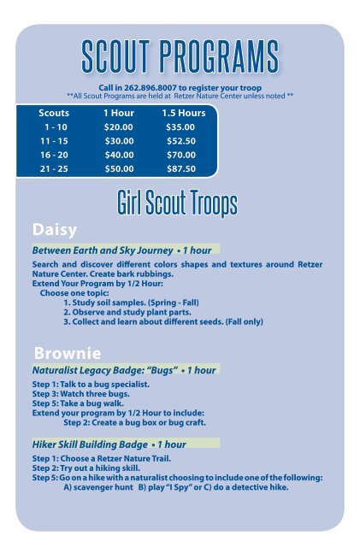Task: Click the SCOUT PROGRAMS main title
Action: pyautogui.click(x=180, y=57)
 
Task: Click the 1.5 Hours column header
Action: pyautogui.click(x=178, y=112)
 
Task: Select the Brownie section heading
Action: pyautogui.click(x=67, y=352)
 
